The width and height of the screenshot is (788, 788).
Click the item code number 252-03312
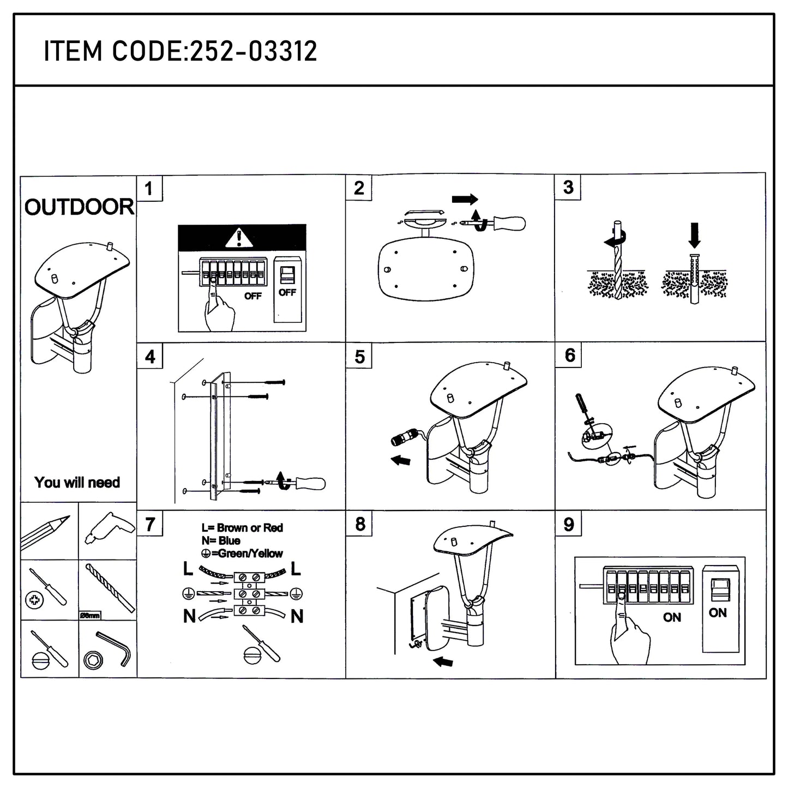253,52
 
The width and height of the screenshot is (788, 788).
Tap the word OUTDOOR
79,207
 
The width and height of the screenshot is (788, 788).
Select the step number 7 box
150,524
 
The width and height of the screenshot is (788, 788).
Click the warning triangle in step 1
237,238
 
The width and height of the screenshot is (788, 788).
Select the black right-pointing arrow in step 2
465,199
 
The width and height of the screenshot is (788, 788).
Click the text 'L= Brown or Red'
242,527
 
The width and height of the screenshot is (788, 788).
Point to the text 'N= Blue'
221,540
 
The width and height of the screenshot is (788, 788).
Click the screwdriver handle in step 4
310,483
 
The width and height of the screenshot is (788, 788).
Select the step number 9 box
569,524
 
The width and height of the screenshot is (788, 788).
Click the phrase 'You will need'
77,482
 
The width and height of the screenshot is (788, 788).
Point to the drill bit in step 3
617,262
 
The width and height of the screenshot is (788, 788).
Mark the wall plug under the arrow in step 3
694,278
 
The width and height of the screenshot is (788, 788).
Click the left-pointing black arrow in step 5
401,460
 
